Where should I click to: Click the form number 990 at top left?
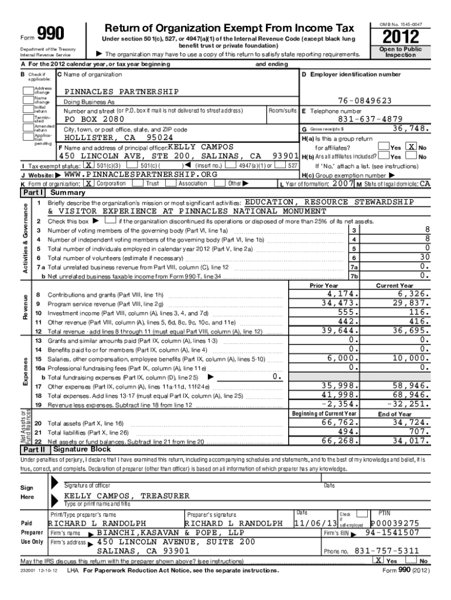pyautogui.click(x=51, y=34)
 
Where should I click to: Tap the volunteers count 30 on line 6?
pyautogui.click(x=425, y=257)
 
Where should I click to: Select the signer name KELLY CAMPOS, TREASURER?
pyautogui.click(x=127, y=496)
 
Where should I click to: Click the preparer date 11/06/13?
pyautogui.click(x=315, y=523)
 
